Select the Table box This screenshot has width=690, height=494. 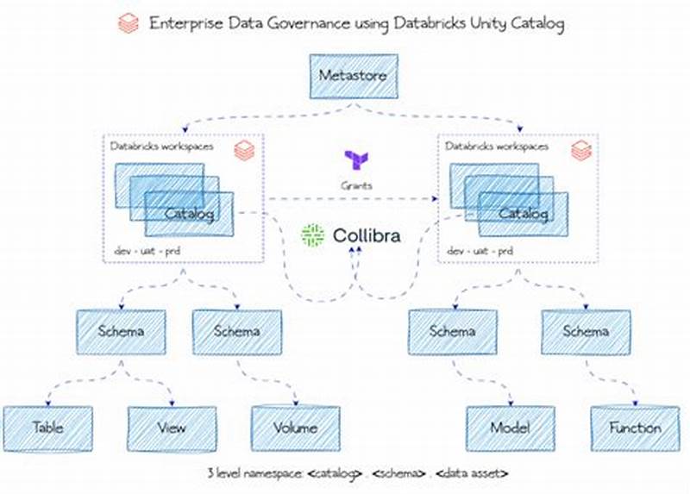47,427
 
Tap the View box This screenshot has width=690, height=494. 171,428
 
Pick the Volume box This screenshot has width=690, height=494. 295,427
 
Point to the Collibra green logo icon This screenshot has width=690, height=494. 312,234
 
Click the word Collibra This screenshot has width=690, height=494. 366,234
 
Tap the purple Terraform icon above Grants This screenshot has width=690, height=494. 355,159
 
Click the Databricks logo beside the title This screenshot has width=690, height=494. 129,23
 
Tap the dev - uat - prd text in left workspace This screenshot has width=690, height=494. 147,251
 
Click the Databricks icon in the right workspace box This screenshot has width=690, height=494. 581,151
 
